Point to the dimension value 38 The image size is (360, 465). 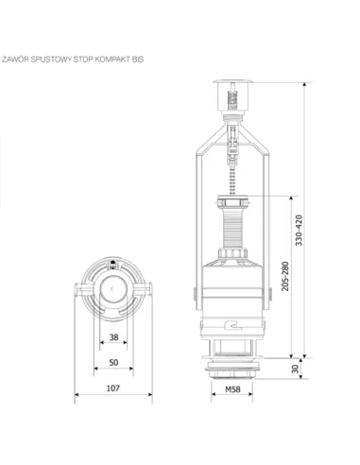pos(113,337)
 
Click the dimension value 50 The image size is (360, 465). pos(113,361)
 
